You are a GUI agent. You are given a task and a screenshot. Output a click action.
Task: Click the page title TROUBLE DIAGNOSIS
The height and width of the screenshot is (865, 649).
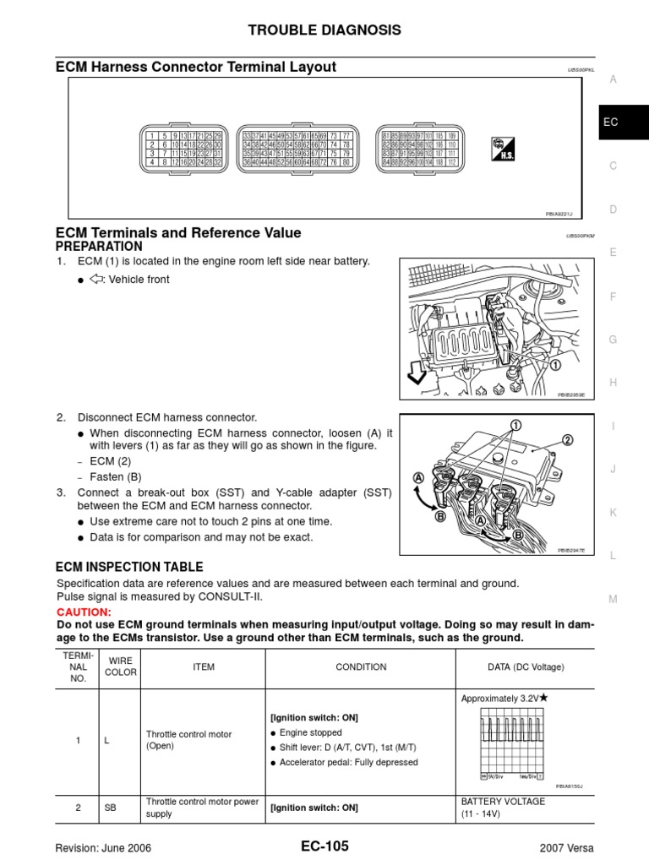point(324,30)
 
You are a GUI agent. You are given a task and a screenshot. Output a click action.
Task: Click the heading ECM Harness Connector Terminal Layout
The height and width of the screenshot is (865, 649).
point(195,67)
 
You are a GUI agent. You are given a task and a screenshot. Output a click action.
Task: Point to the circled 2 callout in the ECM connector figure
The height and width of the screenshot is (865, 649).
point(567,439)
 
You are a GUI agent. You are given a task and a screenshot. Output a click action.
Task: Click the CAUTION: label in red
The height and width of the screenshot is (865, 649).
point(83,612)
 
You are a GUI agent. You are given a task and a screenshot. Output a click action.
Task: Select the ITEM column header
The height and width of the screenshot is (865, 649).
point(204,667)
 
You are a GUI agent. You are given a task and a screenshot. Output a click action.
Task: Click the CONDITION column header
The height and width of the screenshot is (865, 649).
point(361,667)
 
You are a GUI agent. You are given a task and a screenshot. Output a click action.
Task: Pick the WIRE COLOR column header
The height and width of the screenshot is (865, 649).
point(119,667)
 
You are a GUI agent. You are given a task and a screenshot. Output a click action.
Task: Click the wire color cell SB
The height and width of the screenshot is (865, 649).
point(110,808)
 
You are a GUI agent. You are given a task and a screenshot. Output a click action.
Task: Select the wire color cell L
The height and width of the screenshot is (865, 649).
point(107,741)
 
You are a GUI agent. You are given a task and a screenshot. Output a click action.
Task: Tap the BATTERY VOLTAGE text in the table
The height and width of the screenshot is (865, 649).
point(503,802)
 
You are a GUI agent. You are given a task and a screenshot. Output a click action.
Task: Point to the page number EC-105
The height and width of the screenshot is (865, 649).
point(324,846)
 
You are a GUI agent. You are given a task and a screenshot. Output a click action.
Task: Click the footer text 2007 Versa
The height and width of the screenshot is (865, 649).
point(566,848)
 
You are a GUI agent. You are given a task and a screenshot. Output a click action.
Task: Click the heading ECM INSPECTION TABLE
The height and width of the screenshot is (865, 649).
point(129,567)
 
